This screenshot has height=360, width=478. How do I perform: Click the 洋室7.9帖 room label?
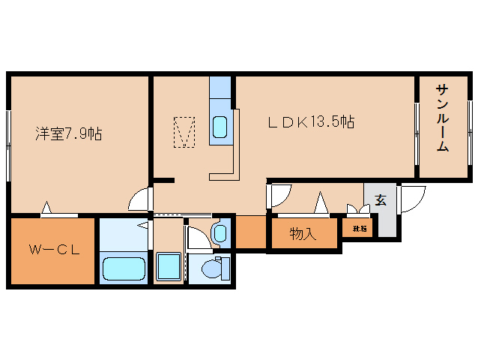tap(68, 134)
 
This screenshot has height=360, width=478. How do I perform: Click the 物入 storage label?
tap(303, 234)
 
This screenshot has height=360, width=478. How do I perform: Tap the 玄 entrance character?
tap(381, 200)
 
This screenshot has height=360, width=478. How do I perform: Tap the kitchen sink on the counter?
tap(221, 127)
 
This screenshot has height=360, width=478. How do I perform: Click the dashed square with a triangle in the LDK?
tap(185, 131)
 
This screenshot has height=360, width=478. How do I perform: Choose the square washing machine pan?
tap(169, 268)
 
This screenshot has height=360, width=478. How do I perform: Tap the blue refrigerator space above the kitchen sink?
tap(221, 92)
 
